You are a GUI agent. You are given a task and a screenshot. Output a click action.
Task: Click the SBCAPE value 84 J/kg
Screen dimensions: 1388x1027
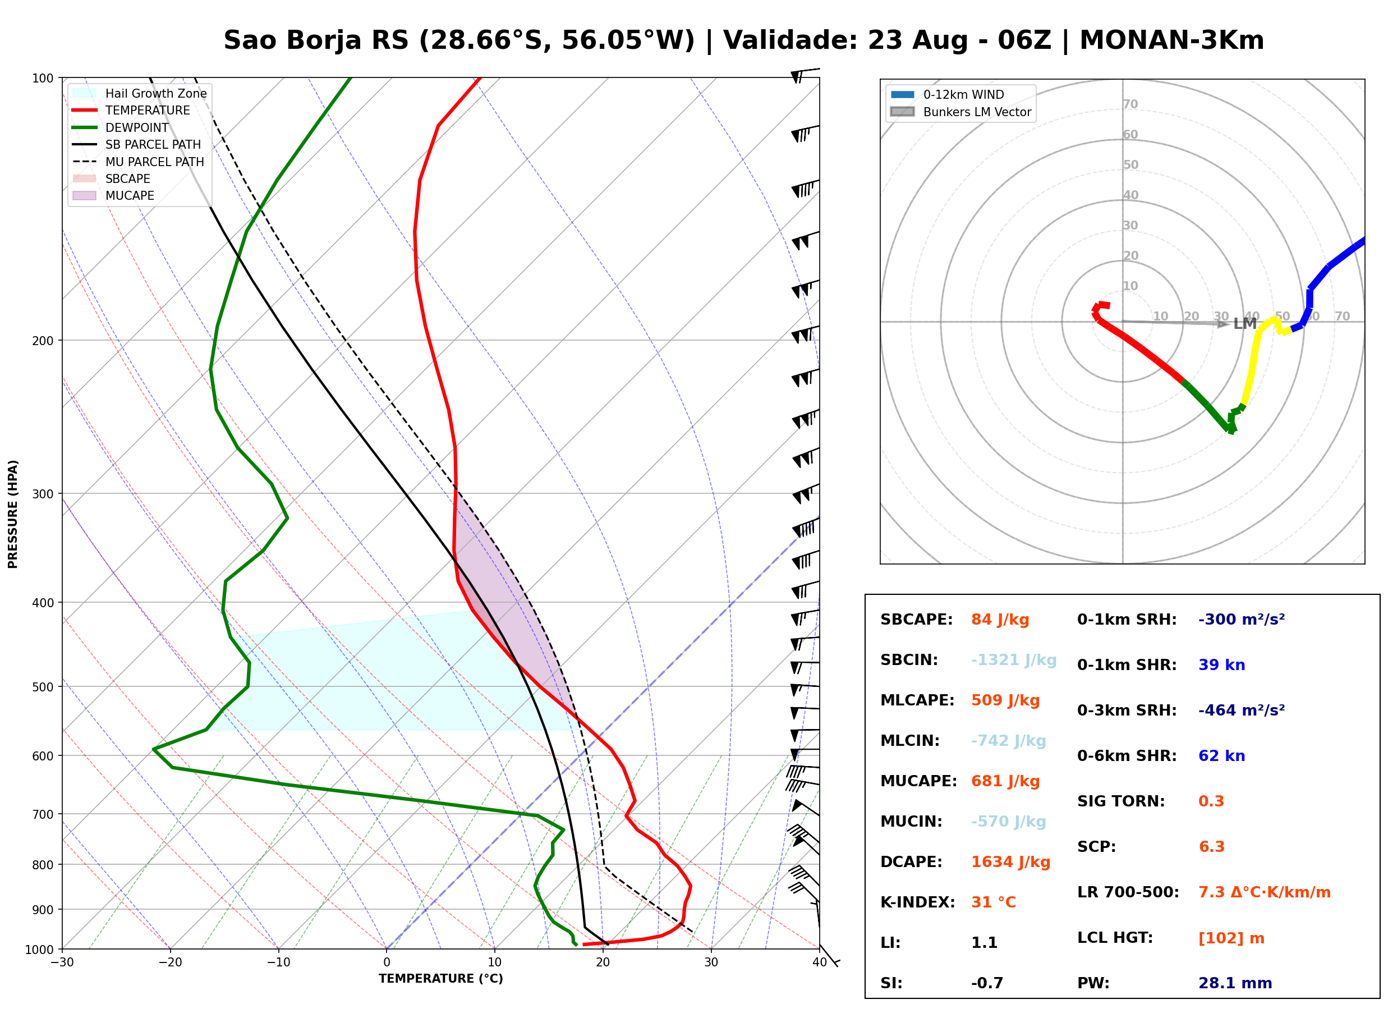coord(1000,620)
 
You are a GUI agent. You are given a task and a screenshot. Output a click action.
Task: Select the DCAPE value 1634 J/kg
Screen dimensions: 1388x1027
coord(1011,862)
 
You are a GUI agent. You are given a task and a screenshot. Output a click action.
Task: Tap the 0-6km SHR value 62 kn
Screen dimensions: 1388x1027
coord(1221,756)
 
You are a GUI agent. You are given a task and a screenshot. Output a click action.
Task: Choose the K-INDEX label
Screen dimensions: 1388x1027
coord(918,902)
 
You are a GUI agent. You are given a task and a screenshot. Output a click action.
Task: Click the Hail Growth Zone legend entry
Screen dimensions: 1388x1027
coord(140,93)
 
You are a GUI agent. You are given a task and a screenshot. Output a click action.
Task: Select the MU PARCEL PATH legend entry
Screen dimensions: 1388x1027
coord(138,162)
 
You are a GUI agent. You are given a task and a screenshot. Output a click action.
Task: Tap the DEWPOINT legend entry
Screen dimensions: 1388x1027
coord(121,127)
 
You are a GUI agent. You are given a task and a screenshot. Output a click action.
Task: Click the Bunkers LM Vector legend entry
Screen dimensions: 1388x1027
coord(961,112)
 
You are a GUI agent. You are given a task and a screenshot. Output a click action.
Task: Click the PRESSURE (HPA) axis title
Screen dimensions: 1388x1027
coord(13,514)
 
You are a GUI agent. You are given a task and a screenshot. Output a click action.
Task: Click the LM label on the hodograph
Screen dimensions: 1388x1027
coord(1245,324)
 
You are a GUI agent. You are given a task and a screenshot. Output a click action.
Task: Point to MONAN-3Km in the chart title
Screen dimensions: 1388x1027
coord(1172,40)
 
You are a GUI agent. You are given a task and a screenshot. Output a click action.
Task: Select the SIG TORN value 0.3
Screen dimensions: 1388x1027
coord(1211,801)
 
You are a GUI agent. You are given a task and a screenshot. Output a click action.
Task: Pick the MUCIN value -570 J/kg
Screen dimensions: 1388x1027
coord(1008,822)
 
